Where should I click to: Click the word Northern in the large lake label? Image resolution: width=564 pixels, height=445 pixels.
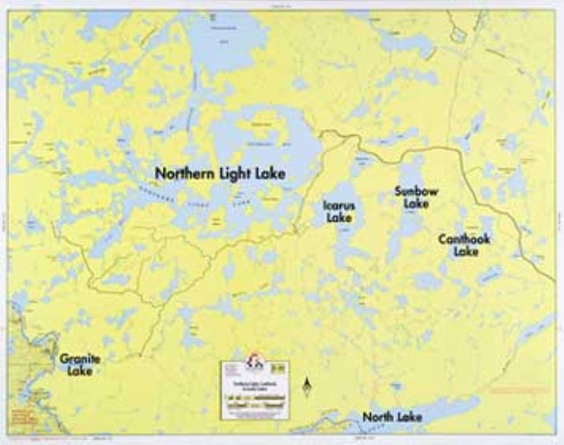tap(184, 173)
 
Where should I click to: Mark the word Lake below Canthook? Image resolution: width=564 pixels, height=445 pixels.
tap(465, 252)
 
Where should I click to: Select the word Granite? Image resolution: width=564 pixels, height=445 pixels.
tap(80, 358)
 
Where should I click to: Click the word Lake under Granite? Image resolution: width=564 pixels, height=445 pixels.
tap(80, 371)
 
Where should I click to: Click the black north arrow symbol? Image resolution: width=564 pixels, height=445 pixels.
tap(308, 387)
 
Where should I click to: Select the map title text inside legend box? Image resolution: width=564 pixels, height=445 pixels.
tap(253, 384)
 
